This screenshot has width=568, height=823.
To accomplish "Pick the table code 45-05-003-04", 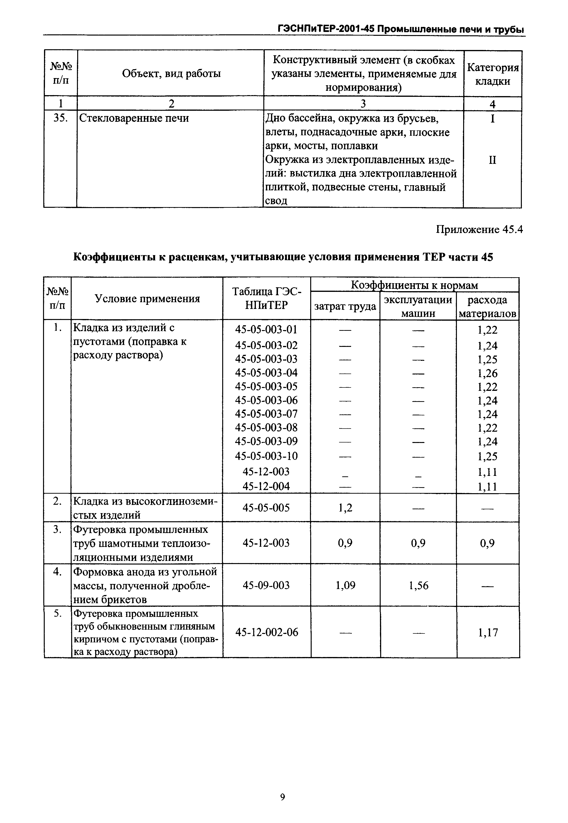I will coord(266,373).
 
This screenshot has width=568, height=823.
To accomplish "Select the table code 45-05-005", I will coord(266,508).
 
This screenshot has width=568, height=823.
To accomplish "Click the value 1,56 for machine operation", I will coord(418,585).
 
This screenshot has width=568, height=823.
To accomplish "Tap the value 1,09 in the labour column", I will coord(345,585).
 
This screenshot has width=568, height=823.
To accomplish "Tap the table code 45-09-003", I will coord(266,585).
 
